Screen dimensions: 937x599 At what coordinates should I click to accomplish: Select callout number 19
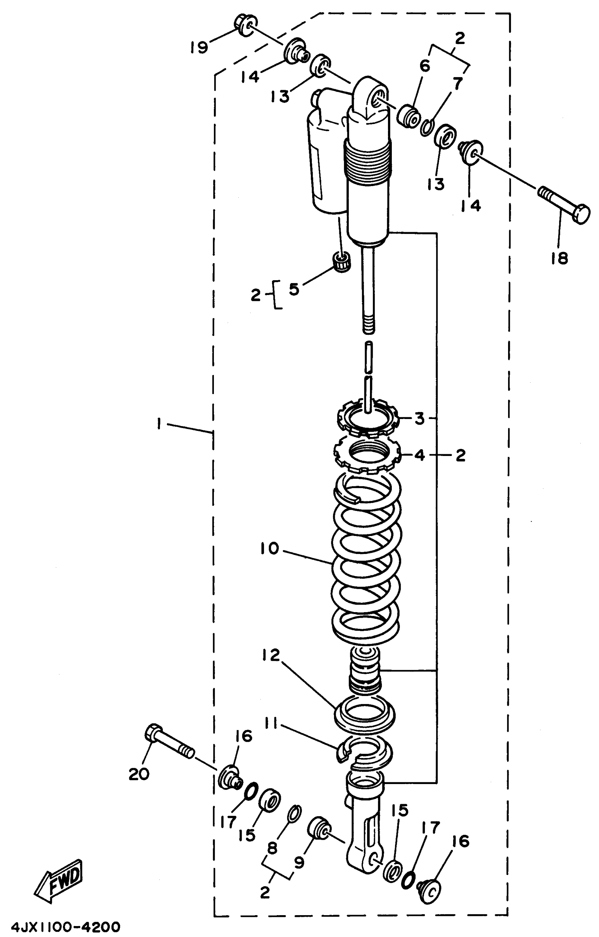tap(199, 48)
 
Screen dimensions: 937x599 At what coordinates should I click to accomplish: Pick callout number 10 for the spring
tap(270, 549)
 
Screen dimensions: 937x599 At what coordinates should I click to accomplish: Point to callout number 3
tap(419, 419)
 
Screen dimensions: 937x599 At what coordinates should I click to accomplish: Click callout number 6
tap(425, 66)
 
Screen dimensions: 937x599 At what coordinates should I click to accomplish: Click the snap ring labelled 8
tap(295, 817)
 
